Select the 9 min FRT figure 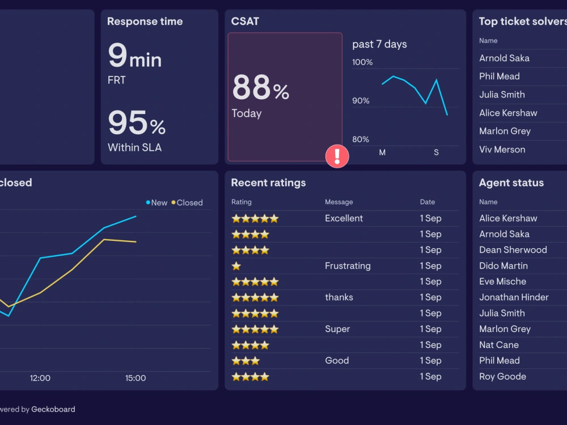[134, 57]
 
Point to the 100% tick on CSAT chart [362, 62]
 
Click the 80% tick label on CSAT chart [361, 139]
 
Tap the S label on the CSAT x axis [436, 152]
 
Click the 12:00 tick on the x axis [40, 378]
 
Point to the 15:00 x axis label [136, 378]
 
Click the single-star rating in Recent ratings [236, 266]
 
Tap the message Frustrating [348, 266]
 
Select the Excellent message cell [344, 218]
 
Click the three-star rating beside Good [246, 361]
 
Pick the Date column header [428, 202]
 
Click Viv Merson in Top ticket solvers [502, 150]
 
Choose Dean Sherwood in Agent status [513, 250]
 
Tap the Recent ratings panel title [268, 182]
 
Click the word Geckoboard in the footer [53, 409]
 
